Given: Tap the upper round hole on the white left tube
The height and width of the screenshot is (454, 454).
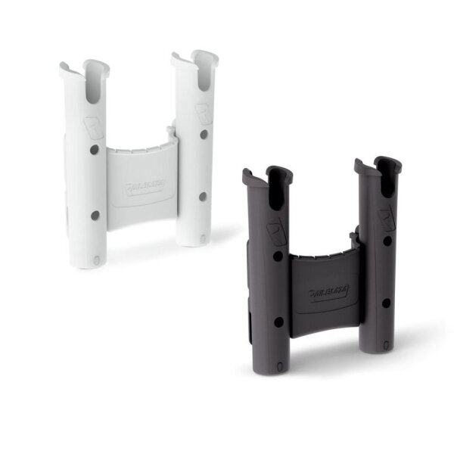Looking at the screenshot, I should [95, 150].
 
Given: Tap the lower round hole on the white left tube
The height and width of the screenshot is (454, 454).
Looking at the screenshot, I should [95, 215].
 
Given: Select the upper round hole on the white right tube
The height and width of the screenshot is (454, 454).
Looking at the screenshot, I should [203, 134].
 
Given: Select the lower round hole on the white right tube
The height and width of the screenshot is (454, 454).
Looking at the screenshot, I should [202, 196].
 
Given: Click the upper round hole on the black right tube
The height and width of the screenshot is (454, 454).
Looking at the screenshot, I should [386, 241].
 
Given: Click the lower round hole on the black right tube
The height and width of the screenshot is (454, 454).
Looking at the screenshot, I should [385, 303].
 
